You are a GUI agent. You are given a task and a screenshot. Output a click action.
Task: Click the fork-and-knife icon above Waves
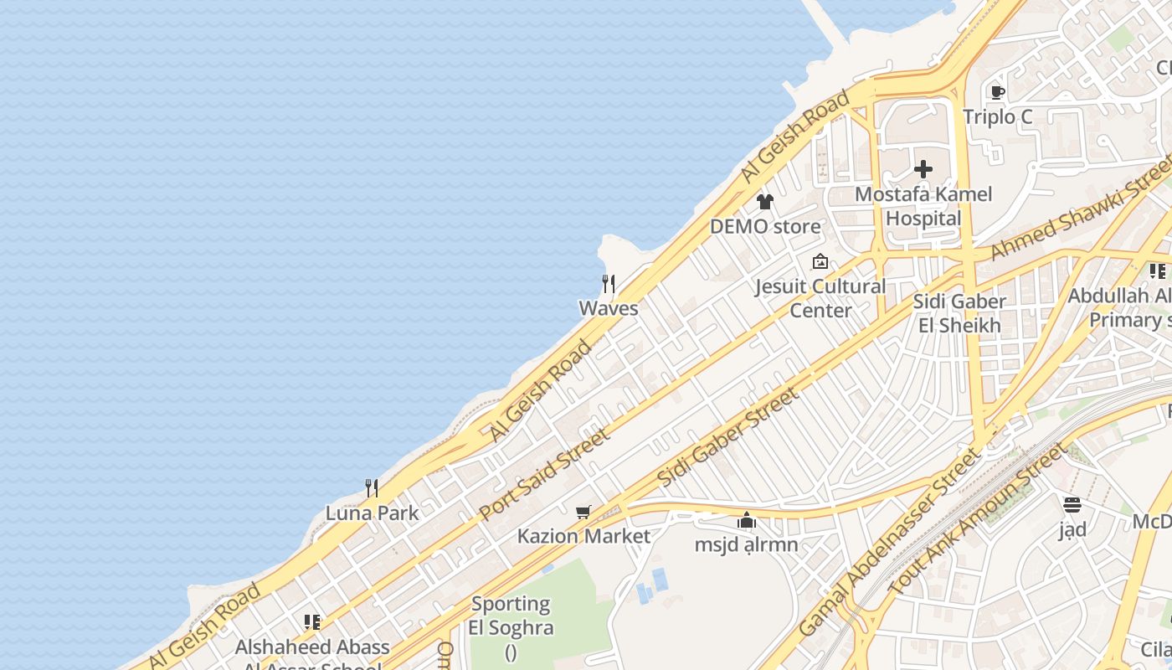tap(609, 284)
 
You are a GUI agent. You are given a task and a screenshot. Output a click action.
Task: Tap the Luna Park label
tap(372, 513)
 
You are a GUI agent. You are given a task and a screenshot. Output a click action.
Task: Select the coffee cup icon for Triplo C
tap(997, 92)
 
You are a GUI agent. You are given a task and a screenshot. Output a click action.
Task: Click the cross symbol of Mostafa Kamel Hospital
tap(923, 169)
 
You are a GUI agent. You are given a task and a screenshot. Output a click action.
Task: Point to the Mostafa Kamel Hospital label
tap(923, 206)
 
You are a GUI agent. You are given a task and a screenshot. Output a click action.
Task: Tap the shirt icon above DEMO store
tap(764, 202)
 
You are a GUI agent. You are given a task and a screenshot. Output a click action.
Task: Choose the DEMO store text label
tap(765, 226)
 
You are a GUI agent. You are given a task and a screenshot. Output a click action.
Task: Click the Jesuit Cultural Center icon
tap(820, 262)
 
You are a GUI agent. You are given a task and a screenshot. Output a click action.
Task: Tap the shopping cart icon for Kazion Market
tap(583, 512)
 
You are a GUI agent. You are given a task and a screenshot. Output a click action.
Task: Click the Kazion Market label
tap(583, 536)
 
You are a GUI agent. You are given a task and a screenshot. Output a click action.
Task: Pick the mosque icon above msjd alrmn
tap(747, 521)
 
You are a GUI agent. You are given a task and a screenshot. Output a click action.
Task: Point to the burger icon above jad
tap(1072, 505)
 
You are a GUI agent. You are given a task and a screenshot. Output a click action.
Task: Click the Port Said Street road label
tap(545, 473)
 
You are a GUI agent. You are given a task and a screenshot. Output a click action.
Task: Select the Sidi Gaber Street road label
tap(727, 436)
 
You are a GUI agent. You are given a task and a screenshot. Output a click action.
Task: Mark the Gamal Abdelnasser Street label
tap(890, 543)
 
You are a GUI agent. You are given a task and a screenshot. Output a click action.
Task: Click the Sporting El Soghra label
tap(510, 616)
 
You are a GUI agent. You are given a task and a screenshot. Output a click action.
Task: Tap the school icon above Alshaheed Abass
tap(312, 622)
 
